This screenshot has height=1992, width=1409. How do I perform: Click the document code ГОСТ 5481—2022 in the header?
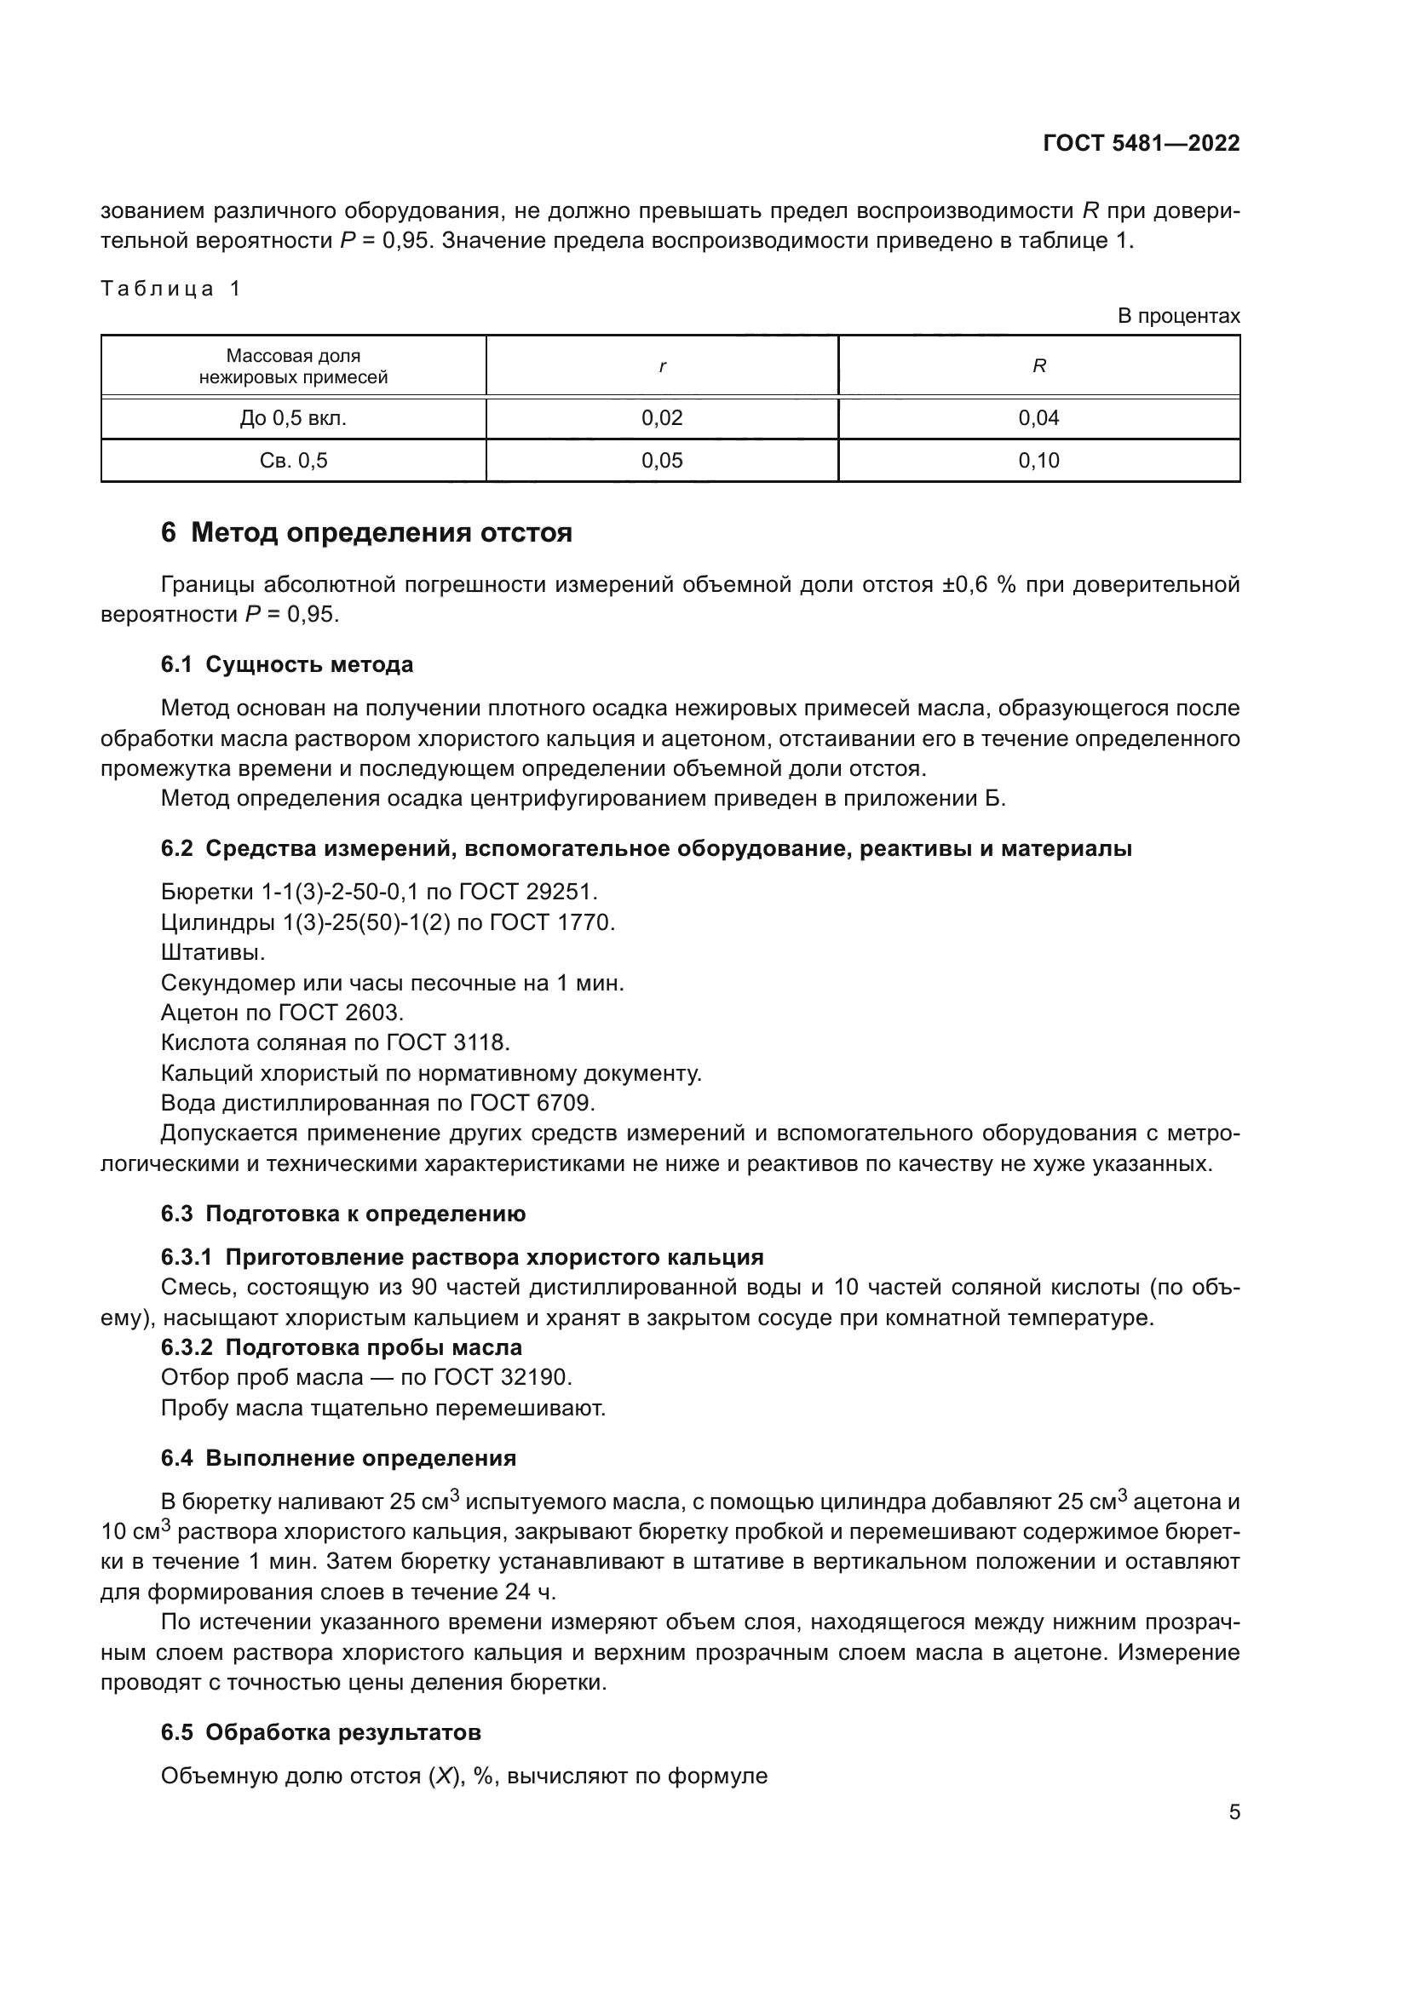[x=1141, y=143]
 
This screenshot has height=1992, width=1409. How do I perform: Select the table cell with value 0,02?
[x=662, y=418]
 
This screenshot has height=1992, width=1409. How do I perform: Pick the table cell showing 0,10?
[x=1038, y=461]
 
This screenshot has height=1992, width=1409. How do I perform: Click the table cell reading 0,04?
[x=1038, y=418]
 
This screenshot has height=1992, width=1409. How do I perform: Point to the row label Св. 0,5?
[x=293, y=461]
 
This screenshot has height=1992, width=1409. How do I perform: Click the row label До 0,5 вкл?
[x=293, y=418]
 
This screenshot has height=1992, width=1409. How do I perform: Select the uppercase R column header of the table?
[x=1038, y=366]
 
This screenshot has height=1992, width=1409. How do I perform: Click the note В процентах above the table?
[x=1178, y=316]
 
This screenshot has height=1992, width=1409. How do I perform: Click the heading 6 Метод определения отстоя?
[x=366, y=531]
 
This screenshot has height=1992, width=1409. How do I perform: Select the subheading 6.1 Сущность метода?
[x=286, y=664]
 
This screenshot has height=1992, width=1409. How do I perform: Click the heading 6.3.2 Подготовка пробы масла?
[x=341, y=1347]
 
